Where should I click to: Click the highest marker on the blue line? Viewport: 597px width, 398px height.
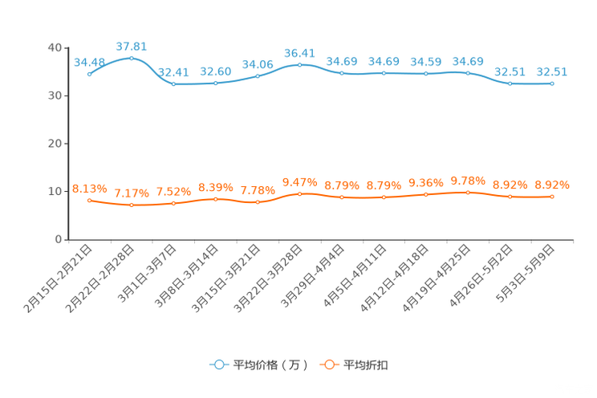point(132,58)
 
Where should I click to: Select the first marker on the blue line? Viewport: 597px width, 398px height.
point(89,74)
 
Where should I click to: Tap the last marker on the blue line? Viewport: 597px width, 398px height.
point(552,83)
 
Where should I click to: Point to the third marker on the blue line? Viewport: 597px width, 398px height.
point(173,83)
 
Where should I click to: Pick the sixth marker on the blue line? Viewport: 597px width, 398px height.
point(299,64)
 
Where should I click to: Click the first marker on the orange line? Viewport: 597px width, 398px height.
point(89,201)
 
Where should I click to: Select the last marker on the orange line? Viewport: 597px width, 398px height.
point(552,196)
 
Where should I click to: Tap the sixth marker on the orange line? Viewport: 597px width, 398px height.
point(299,193)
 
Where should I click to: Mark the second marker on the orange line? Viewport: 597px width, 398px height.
point(132,205)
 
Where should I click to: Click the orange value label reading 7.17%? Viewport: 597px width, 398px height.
point(132,193)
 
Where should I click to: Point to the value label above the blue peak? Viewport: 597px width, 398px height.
point(132,46)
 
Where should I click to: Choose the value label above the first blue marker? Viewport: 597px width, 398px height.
point(89,62)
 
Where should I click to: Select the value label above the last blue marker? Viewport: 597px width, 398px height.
point(552,71)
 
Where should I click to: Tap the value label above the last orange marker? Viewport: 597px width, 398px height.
point(552,185)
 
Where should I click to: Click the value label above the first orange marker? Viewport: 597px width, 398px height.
point(89,188)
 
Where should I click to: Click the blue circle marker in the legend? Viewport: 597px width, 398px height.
point(218,364)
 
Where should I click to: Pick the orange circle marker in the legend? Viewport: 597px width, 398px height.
point(329,364)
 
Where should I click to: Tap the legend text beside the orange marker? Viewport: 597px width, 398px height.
point(367,365)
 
